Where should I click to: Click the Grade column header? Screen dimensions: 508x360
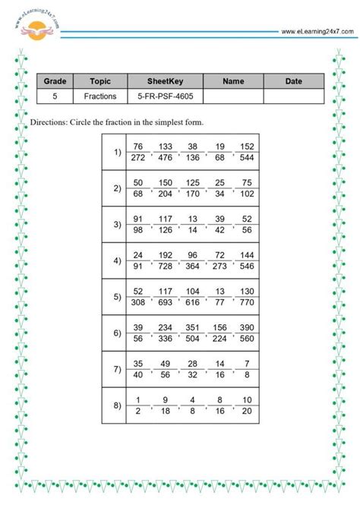[55, 80]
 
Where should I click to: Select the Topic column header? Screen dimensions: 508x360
[100, 80]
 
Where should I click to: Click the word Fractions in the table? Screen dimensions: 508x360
[100, 96]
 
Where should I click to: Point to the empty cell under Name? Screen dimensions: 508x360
[234, 96]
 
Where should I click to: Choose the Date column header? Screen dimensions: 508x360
[293, 80]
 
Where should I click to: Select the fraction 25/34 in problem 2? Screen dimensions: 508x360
[219, 189]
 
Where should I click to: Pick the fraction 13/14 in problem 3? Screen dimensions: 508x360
[192, 225]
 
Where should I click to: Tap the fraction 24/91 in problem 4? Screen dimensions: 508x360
[137, 261]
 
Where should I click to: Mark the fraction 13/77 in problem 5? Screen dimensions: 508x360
[219, 298]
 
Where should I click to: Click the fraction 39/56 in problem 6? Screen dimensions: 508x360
[137, 333]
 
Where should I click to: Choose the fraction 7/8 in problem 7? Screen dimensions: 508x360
[247, 370]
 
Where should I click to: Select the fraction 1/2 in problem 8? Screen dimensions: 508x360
[137, 406]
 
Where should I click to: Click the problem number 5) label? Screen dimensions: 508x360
[117, 297]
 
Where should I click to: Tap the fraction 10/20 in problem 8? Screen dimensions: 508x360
[247, 406]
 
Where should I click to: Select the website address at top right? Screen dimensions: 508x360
[317, 31]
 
